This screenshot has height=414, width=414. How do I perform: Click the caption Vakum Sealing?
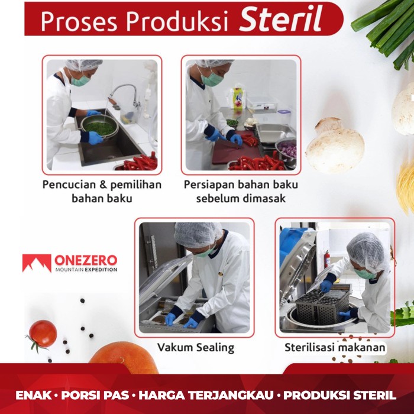click(x=195, y=347)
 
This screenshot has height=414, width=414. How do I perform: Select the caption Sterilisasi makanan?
click(x=335, y=347)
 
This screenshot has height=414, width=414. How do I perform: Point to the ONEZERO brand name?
click(x=86, y=260)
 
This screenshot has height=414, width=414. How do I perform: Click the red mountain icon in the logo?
click(x=37, y=263)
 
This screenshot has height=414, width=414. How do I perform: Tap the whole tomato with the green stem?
click(x=43, y=334)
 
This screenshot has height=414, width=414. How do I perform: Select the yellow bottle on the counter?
click(x=238, y=97)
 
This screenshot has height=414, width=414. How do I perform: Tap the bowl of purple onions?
click(x=286, y=150)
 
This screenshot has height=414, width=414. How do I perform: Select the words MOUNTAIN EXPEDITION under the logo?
click(x=85, y=270)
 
